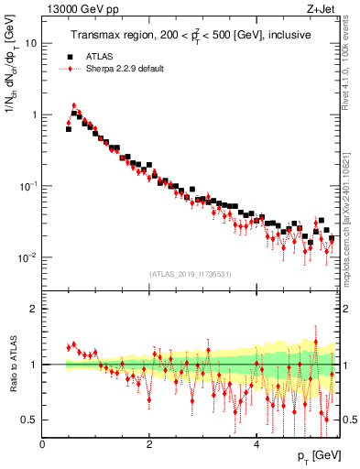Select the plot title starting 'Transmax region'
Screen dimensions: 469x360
(x=190, y=35)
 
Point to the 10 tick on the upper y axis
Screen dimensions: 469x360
(x=30, y=44)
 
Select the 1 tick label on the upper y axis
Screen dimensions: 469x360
(x=33, y=115)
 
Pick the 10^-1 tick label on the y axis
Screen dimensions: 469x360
(x=27, y=186)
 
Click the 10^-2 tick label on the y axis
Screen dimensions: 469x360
(x=27, y=257)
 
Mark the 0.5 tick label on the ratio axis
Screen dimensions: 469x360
(x=29, y=420)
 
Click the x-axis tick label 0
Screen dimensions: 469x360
(x=42, y=444)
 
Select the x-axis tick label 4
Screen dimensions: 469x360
(x=256, y=444)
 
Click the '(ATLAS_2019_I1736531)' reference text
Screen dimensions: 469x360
(x=190, y=274)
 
